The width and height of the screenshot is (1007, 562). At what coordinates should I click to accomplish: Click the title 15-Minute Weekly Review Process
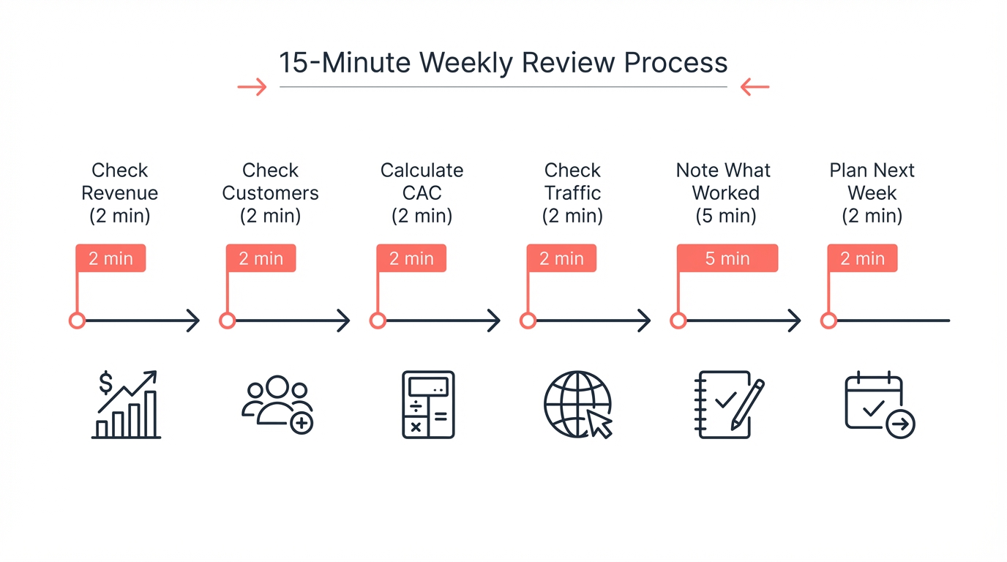(503, 63)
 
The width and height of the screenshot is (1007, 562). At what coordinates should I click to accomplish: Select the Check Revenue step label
(120, 193)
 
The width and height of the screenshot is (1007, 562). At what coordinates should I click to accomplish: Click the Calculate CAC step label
(422, 193)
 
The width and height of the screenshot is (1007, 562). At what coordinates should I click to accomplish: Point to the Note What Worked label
(723, 193)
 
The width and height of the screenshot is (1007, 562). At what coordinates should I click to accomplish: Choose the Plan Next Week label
(872, 193)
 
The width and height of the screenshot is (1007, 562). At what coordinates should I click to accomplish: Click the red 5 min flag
(727, 258)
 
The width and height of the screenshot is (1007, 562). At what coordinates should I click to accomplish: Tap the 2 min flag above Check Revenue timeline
(111, 258)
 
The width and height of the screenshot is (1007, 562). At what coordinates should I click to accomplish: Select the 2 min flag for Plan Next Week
(862, 258)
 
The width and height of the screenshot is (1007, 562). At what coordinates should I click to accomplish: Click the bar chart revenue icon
(127, 405)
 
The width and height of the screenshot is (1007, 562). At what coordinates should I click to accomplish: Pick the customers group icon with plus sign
(277, 405)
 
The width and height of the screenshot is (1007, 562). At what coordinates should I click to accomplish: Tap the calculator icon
(428, 405)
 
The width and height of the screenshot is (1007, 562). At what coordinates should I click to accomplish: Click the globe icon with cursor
(578, 405)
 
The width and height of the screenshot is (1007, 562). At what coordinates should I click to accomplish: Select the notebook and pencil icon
(728, 405)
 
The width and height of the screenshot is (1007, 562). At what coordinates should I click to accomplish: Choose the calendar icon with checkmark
(879, 405)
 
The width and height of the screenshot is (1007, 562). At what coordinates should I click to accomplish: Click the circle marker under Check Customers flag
(228, 321)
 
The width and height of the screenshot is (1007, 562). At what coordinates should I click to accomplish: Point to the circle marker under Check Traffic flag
(528, 321)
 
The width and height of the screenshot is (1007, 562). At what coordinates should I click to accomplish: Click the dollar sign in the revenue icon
(106, 383)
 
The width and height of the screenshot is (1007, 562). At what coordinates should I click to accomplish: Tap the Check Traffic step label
(572, 193)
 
